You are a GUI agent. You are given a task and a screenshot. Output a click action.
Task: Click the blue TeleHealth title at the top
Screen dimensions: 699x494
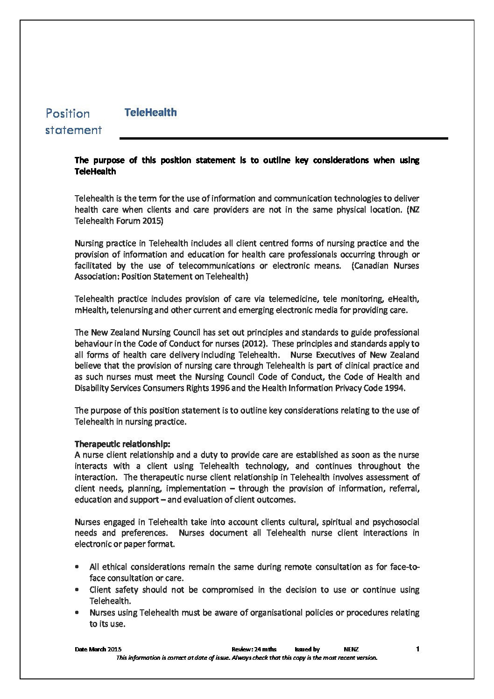[x=150, y=113]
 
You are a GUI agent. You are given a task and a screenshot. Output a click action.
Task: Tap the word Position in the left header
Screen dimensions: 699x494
[x=68, y=114]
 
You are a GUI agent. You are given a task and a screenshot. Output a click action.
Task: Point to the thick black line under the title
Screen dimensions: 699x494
[x=283, y=138]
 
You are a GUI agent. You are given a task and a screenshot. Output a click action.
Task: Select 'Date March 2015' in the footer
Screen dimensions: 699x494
[x=98, y=650]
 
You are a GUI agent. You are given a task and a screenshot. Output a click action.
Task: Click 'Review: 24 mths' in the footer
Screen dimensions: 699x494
[x=254, y=650]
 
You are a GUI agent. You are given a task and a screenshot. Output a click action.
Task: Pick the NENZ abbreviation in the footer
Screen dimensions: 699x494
[x=351, y=650]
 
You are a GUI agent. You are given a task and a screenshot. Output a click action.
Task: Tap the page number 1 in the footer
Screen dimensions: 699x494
[x=418, y=649]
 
